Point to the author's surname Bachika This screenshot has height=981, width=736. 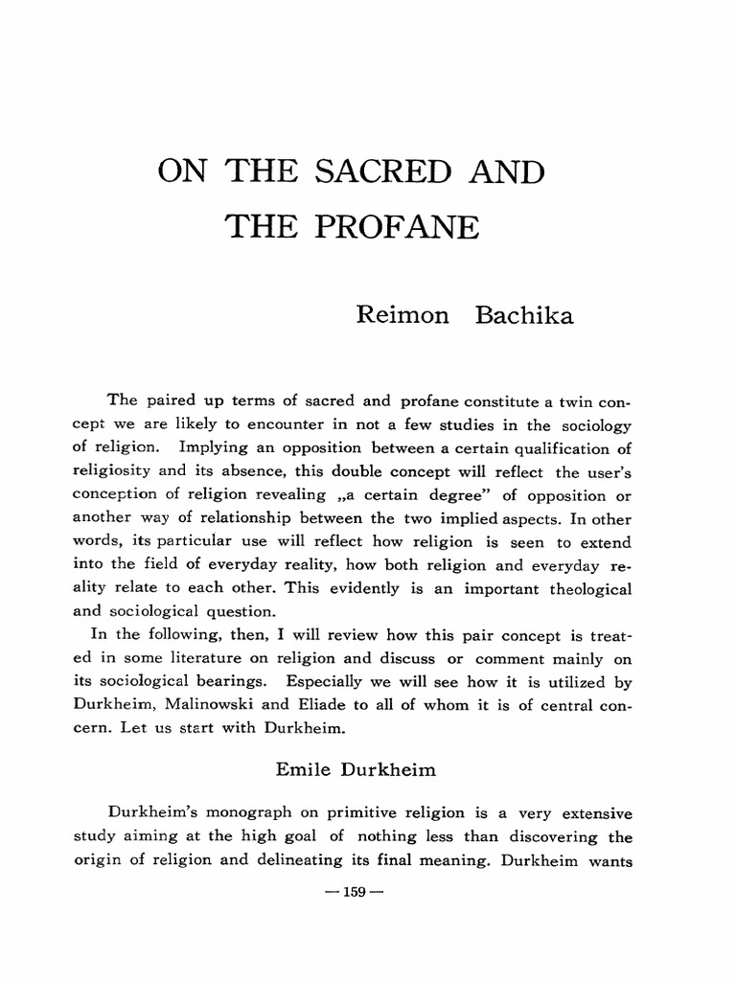point(523,315)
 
